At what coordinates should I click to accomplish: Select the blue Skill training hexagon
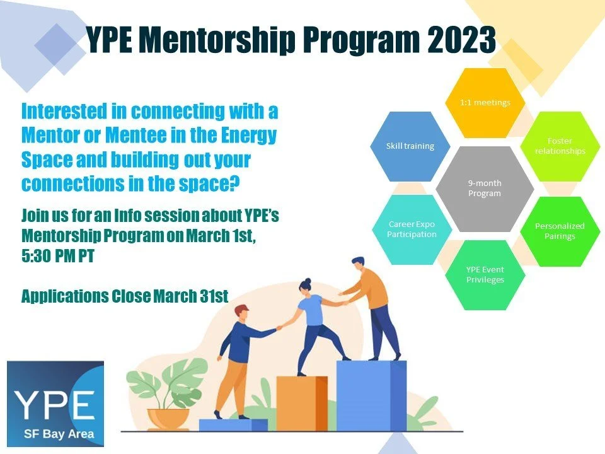pos(410,146)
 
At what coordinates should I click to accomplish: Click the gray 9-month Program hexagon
pos(484,188)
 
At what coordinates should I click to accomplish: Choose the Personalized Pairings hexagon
pos(559,231)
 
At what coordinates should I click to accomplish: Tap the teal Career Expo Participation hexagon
pos(412,229)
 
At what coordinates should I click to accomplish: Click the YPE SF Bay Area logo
pos(55,404)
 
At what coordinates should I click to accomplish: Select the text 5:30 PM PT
pos(57,257)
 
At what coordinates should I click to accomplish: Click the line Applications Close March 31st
pos(124,296)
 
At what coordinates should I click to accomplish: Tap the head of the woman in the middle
pos(308,285)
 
